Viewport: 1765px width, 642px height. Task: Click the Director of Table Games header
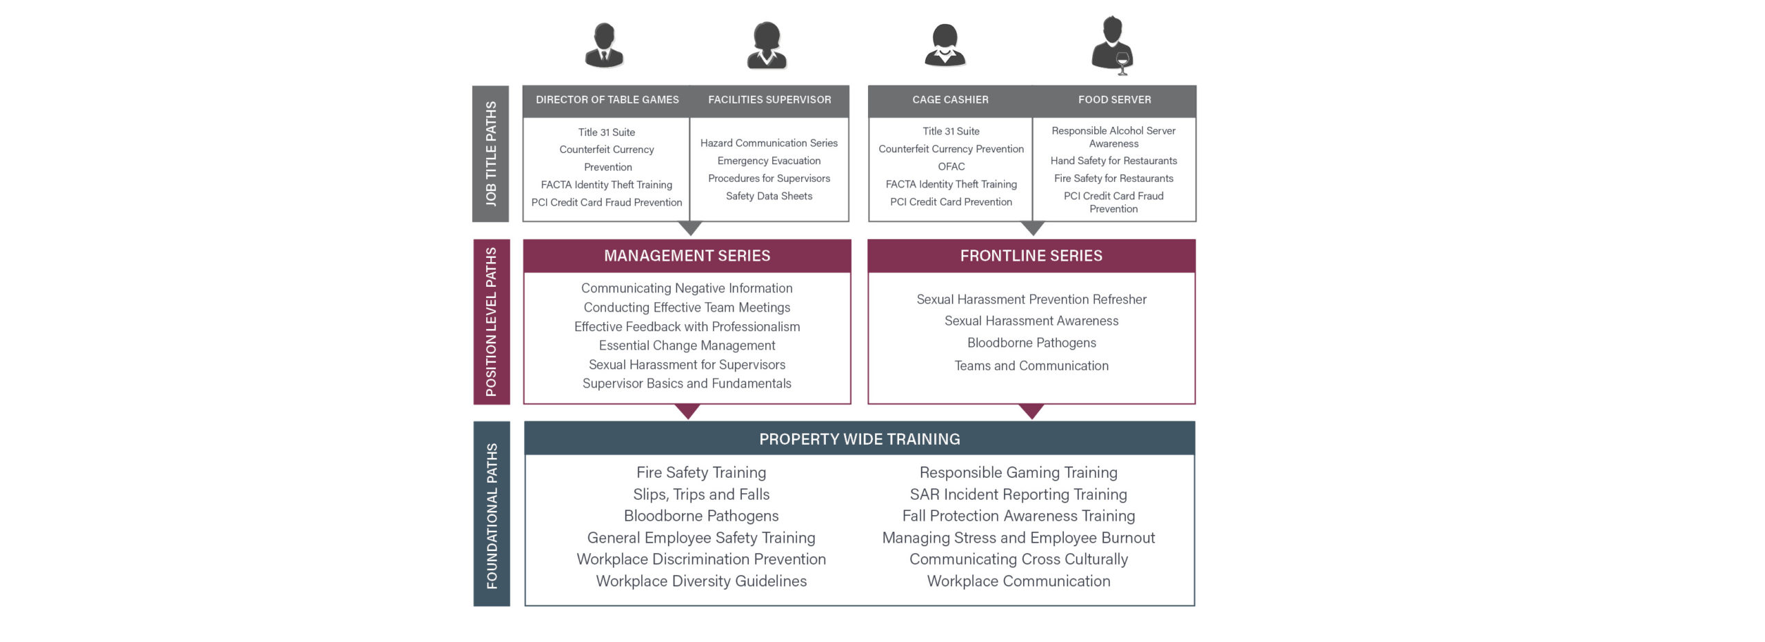(x=607, y=100)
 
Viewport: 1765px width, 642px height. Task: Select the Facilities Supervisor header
(x=769, y=100)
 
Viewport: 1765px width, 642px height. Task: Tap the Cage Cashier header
(x=950, y=100)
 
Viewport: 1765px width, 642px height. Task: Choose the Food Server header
(x=1114, y=100)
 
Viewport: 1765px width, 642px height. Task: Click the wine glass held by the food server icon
(x=1122, y=63)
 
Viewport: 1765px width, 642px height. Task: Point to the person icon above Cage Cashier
(x=945, y=45)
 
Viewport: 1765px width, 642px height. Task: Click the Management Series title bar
(x=687, y=256)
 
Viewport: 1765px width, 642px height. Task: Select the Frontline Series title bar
(x=1031, y=256)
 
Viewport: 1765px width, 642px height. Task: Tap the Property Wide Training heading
(x=860, y=439)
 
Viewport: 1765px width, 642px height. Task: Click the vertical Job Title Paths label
(x=491, y=154)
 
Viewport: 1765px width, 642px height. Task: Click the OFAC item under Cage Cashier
(x=951, y=167)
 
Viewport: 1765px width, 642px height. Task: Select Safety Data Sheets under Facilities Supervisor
(x=769, y=197)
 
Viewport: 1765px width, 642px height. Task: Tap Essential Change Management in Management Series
(x=687, y=345)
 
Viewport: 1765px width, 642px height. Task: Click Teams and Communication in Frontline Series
(x=1031, y=365)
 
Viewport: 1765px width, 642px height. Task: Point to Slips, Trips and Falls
(x=701, y=494)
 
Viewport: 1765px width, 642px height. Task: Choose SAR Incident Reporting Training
(x=1018, y=494)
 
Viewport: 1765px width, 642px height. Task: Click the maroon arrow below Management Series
(x=687, y=411)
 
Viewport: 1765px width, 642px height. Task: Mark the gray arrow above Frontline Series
(x=1032, y=228)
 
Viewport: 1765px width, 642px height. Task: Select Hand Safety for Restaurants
(x=1113, y=161)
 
